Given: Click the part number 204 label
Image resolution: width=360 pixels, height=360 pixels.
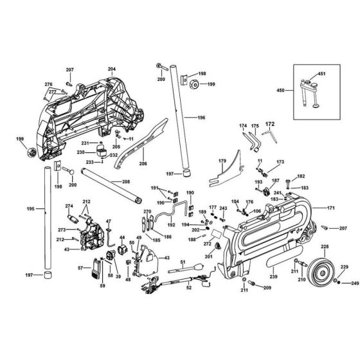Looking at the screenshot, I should click(111, 69).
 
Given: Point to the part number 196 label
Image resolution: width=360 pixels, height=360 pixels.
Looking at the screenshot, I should click(201, 118).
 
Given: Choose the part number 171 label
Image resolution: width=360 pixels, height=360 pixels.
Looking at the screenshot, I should click(330, 209).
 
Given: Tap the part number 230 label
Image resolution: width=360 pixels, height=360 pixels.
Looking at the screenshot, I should click(82, 152).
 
